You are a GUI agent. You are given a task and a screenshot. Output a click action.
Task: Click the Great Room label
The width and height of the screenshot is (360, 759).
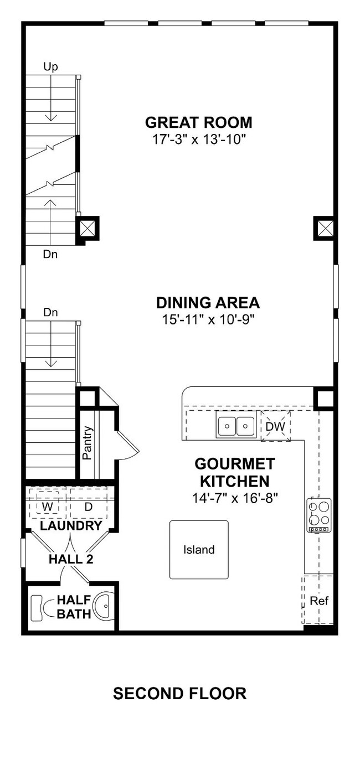tap(199, 122)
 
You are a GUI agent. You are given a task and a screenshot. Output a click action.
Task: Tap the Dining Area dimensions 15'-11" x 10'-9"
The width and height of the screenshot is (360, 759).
tap(208, 319)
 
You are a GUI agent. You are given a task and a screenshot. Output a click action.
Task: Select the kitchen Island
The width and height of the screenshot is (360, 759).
tap(199, 550)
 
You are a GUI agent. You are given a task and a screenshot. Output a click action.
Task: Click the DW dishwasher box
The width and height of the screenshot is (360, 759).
tap(276, 426)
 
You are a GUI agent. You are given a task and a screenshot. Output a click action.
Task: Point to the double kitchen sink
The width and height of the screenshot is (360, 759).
tap(236, 426)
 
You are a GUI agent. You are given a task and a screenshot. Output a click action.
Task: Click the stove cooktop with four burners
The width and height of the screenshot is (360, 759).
tap(319, 515)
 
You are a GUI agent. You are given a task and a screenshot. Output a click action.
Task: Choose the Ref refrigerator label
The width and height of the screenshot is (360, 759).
tap(319, 601)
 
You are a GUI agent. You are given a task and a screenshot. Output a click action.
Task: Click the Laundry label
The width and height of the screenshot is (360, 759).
tap(71, 526)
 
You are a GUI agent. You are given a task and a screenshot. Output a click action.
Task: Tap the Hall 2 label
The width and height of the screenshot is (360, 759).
tap(71, 559)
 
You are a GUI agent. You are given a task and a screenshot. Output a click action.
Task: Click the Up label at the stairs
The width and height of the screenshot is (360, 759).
tap(50, 67)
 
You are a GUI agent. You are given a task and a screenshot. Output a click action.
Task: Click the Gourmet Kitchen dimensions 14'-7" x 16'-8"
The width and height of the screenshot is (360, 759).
tap(235, 498)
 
